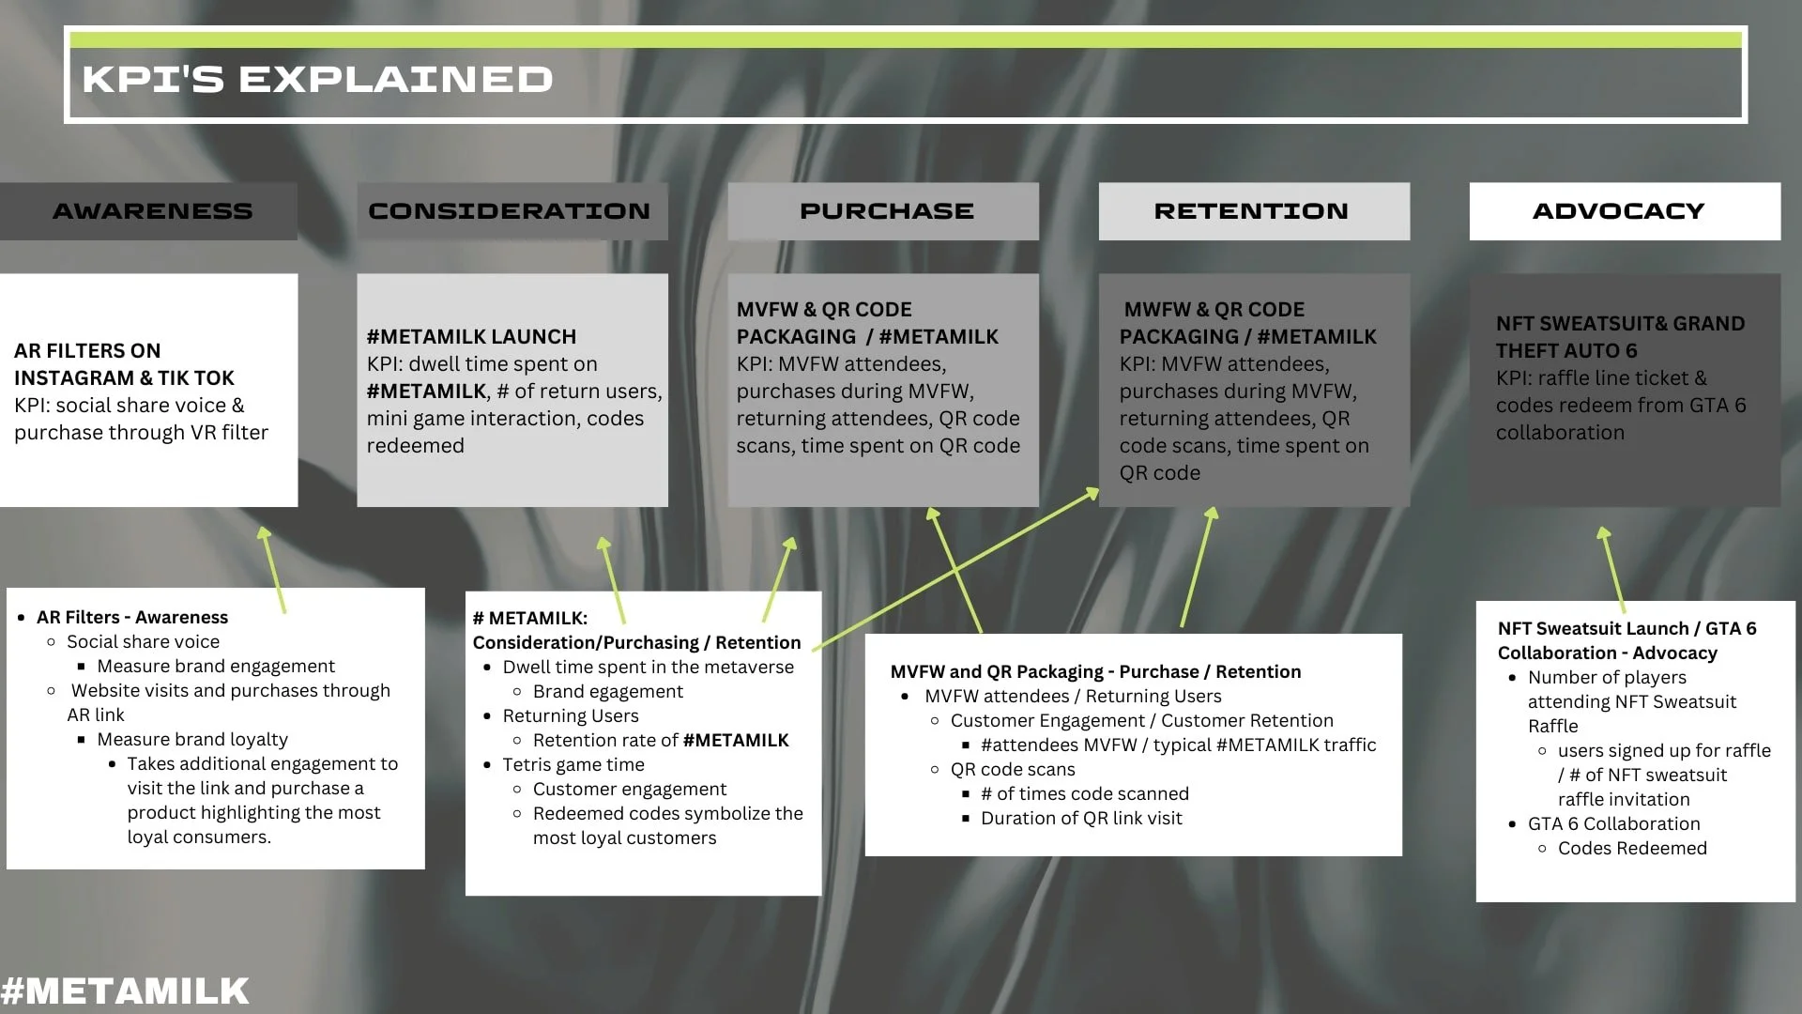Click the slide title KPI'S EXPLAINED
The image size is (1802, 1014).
(x=317, y=80)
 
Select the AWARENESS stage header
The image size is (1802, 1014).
(x=152, y=211)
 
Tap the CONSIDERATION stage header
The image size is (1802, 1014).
(x=509, y=211)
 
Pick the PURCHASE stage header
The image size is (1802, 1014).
(x=886, y=211)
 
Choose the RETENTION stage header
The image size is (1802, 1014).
(x=1251, y=211)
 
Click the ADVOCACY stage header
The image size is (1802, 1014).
(x=1618, y=211)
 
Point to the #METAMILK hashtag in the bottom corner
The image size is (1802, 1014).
(x=125, y=991)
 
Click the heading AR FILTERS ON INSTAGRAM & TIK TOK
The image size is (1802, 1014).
(x=124, y=364)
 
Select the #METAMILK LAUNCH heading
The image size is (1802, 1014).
(x=471, y=336)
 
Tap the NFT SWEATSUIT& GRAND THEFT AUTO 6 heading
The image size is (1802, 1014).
(x=1620, y=336)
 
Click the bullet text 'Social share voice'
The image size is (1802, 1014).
(x=143, y=642)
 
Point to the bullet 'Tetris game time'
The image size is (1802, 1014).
(x=573, y=765)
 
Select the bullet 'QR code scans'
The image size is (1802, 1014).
(x=1013, y=770)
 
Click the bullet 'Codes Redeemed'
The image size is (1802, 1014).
(x=1632, y=849)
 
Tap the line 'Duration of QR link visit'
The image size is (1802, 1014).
(x=1081, y=819)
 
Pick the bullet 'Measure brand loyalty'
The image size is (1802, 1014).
(x=192, y=740)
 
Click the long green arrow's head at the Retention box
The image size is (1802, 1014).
(x=1092, y=491)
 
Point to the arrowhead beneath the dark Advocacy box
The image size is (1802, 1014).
(x=1603, y=533)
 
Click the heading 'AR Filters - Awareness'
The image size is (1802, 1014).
(x=132, y=618)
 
